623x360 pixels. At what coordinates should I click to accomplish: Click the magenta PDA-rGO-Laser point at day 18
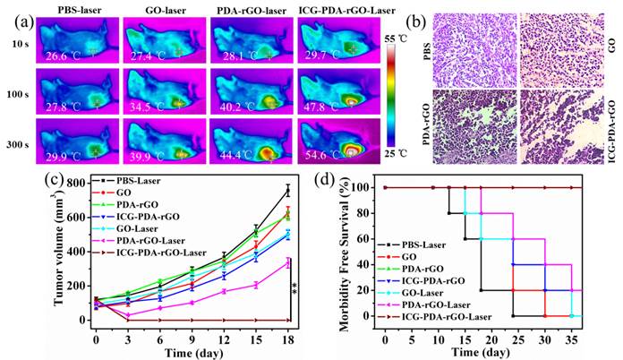coord(287,263)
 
